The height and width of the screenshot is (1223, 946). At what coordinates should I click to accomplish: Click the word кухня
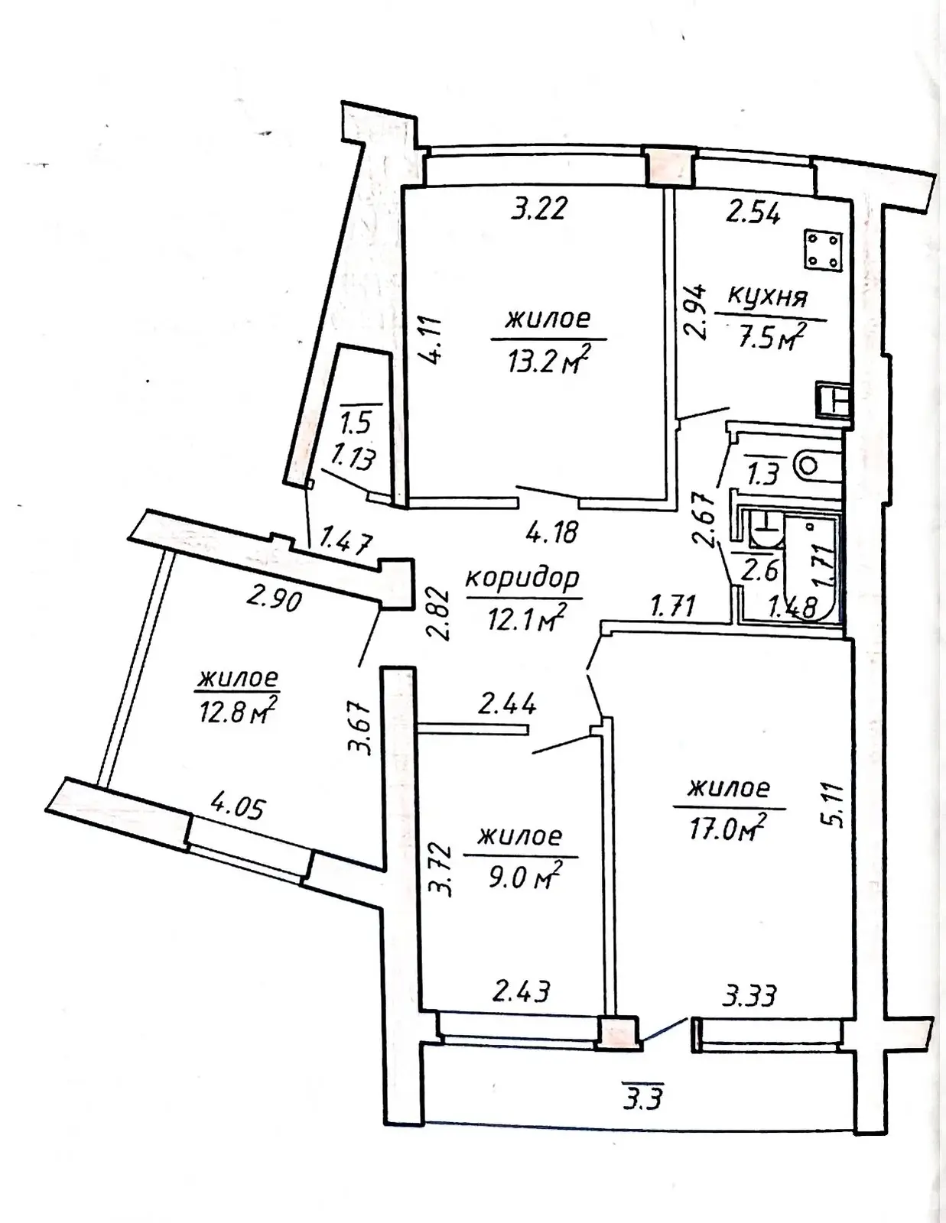pyautogui.click(x=768, y=297)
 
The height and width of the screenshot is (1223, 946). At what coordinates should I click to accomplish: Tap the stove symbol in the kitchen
pyautogui.click(x=824, y=248)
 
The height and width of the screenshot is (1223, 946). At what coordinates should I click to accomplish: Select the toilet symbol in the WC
pyautogui.click(x=813, y=465)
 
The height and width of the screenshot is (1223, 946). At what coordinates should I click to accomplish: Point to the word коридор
pyautogui.click(x=524, y=579)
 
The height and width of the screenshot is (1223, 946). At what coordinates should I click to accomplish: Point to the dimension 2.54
pyautogui.click(x=753, y=214)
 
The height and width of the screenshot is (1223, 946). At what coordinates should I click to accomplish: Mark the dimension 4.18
pyautogui.click(x=552, y=531)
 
